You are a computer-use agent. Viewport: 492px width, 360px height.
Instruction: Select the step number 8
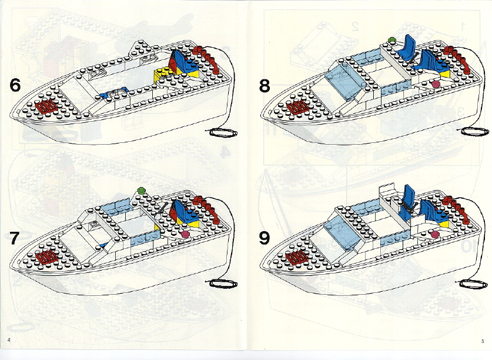coord(265,86)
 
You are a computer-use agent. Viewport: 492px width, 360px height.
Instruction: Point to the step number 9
coord(265,238)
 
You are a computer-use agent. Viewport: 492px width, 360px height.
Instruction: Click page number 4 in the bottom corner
coord(9,341)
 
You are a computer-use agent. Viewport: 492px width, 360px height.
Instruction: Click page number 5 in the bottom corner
coord(482,341)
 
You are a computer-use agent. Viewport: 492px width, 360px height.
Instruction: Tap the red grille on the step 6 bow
coord(48,106)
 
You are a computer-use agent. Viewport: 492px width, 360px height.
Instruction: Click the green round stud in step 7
coord(140,190)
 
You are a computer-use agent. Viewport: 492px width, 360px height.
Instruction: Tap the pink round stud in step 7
coord(186,234)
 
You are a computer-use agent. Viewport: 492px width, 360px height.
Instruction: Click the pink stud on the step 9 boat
coord(436,235)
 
